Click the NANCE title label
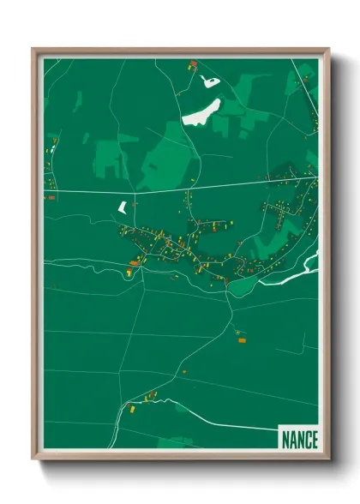[298, 439]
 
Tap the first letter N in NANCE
[285, 440]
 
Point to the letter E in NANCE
[313, 440]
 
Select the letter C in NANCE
[306, 440]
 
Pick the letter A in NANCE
[291, 440]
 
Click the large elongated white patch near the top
[201, 111]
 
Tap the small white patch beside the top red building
[208, 81]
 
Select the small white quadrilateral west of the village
[122, 207]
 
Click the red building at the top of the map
[193, 63]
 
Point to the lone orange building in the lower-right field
[241, 340]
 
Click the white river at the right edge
[296, 271]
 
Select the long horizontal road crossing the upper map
[171, 189]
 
